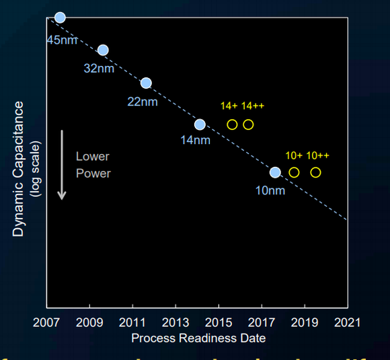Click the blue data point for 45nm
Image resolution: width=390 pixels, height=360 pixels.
tap(60, 17)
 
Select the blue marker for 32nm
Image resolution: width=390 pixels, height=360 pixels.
tap(103, 50)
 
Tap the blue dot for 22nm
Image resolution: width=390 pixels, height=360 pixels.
tap(146, 83)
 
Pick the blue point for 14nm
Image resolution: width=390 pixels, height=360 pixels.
tap(200, 124)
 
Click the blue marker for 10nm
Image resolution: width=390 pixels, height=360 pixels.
tap(275, 172)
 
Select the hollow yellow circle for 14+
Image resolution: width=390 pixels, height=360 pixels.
tap(232, 124)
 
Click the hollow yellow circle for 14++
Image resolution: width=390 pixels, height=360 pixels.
tap(248, 124)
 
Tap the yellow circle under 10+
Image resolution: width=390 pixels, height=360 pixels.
tap(294, 172)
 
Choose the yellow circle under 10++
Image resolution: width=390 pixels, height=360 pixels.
tap(315, 172)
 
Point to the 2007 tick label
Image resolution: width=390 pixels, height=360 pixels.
tap(46, 322)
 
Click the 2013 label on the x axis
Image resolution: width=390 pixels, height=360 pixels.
tap(175, 322)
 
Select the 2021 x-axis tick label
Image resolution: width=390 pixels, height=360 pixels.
tap(348, 322)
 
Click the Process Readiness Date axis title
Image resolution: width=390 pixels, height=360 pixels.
tap(198, 338)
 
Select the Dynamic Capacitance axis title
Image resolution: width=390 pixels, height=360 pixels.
tap(19, 168)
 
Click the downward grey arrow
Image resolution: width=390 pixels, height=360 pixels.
tap(62, 165)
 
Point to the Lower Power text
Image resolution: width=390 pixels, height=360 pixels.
tap(93, 165)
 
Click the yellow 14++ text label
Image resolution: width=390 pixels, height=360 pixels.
tap(254, 106)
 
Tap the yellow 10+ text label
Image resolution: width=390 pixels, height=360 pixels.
tap(294, 155)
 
